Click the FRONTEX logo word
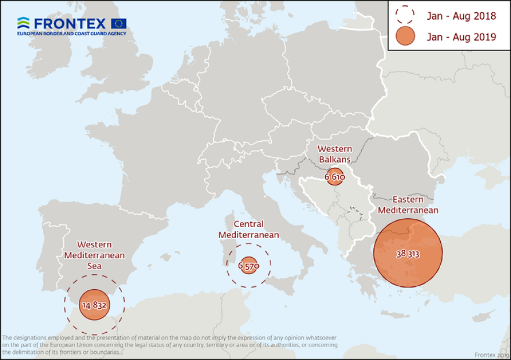coord(69,24)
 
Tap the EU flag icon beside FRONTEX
coord(119,24)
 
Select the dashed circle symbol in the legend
coord(405,16)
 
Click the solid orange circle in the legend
coord(405,37)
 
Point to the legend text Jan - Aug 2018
coord(462,16)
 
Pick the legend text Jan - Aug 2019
coord(462,37)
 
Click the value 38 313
coord(408,254)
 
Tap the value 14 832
coord(94,305)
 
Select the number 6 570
coord(249,265)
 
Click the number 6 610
coord(334,176)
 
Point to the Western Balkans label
coord(334,153)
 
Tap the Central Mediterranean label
coord(249,229)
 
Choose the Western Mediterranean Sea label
coord(93,255)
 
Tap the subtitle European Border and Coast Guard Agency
coord(71,34)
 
